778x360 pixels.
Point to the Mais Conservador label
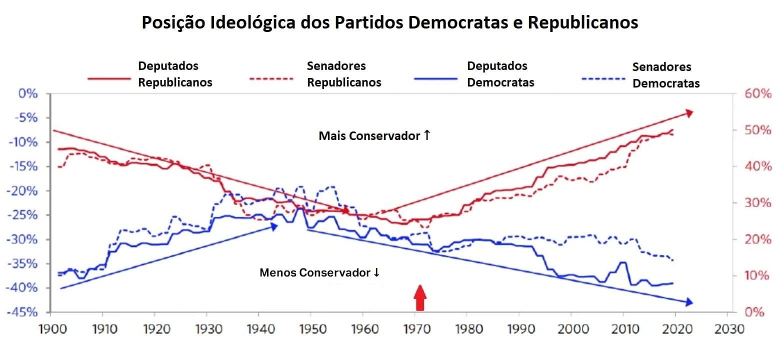coord(374,135)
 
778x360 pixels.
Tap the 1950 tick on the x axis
coord(310,329)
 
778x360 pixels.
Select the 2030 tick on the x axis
coord(726,329)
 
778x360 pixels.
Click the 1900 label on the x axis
coord(50,329)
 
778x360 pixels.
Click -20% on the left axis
coord(23,190)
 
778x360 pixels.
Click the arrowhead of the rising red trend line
coord(689,113)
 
